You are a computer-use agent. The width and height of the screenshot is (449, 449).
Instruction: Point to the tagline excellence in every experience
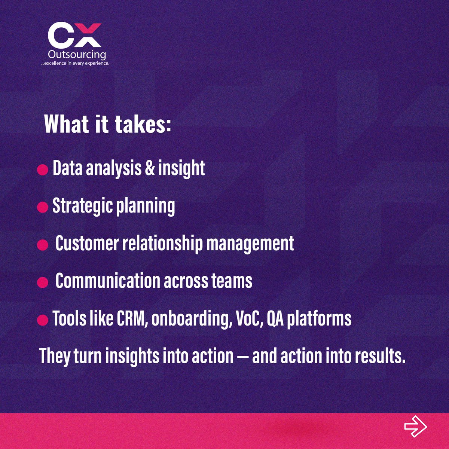(x=75, y=64)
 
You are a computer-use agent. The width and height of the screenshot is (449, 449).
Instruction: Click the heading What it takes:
(x=107, y=124)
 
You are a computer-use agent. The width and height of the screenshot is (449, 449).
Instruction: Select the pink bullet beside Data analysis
(x=43, y=170)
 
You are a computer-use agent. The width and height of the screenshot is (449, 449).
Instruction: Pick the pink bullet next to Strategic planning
(x=43, y=208)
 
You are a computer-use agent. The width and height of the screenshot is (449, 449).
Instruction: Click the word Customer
(x=86, y=243)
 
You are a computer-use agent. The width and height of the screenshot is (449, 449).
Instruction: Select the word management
(x=250, y=243)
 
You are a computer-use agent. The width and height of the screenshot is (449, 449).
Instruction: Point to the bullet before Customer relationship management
(x=43, y=245)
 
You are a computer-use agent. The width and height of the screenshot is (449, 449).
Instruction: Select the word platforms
(x=319, y=318)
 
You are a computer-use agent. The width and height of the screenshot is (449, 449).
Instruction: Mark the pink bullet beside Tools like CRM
(x=43, y=320)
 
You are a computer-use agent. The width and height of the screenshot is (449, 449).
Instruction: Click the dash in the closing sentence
(x=242, y=356)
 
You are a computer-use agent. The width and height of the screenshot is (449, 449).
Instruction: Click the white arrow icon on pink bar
(x=415, y=426)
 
